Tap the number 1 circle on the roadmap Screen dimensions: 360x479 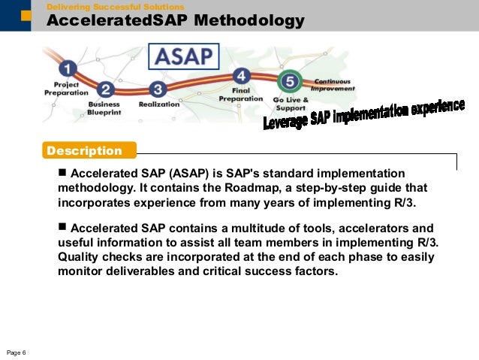pyautogui.click(x=68, y=68)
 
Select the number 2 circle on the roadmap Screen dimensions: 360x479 pyautogui.click(x=106, y=89)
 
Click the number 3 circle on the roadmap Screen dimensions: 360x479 pyautogui.click(x=156, y=89)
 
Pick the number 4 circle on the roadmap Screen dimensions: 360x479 pyautogui.click(x=241, y=76)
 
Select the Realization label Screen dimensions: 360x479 pyautogui.click(x=158, y=104)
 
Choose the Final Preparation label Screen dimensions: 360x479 pyautogui.click(x=240, y=95)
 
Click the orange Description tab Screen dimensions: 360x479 pyautogui.click(x=89, y=150)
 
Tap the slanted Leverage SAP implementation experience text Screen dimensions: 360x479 pyautogui.click(x=363, y=114)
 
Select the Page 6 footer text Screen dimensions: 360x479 pyautogui.click(x=17, y=352)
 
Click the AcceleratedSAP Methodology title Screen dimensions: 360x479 pyautogui.click(x=176, y=21)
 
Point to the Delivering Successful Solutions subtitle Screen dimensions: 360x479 pyautogui.click(x=115, y=7)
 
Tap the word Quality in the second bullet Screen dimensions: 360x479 pyautogui.click(x=80, y=256)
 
